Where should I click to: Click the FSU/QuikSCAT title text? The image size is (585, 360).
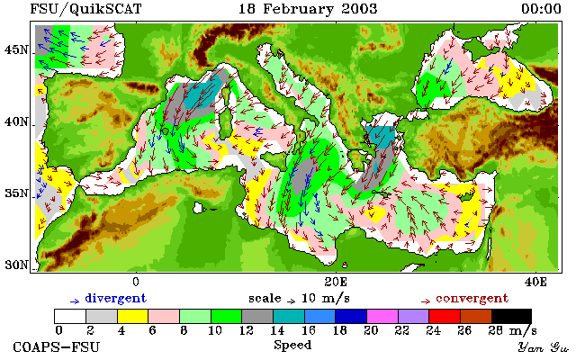[x=85, y=9]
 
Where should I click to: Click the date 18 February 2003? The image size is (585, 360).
[x=308, y=9]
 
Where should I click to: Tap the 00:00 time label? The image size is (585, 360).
[x=541, y=9]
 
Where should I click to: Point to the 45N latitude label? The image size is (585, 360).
[x=16, y=49]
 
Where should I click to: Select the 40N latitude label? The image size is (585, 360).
[x=16, y=121]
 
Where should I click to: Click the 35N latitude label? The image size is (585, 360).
[x=16, y=193]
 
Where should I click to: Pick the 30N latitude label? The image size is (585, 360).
[x=16, y=265]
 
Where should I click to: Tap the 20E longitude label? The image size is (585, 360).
[x=336, y=282]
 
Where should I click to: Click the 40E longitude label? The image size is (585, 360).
[x=535, y=282]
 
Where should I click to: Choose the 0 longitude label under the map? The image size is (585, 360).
[x=136, y=282]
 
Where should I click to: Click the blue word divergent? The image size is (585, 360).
[x=116, y=299]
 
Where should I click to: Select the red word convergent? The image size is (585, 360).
[x=472, y=299]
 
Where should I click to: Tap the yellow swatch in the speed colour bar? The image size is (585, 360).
[x=132, y=316]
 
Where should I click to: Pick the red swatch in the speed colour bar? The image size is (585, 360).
[x=445, y=316]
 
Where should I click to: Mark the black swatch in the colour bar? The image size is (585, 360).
[x=511, y=316]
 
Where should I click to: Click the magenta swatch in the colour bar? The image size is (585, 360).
[x=382, y=316]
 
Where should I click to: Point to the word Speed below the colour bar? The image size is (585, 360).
[x=292, y=345]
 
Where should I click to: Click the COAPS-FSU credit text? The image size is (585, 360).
[x=57, y=346]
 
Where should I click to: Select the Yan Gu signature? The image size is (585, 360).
[x=543, y=347]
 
